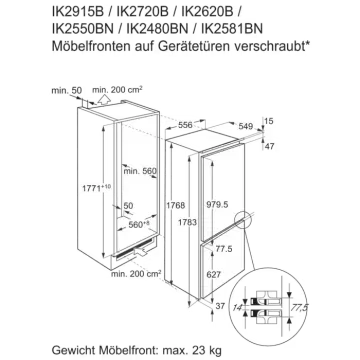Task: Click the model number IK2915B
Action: click(x=78, y=12)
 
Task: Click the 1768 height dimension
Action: click(x=175, y=205)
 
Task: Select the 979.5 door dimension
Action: click(x=217, y=205)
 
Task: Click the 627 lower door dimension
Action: click(x=214, y=275)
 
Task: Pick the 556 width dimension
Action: click(x=185, y=125)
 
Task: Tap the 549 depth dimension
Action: click(x=246, y=126)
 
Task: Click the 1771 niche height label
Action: click(x=96, y=188)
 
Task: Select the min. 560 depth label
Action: click(x=140, y=171)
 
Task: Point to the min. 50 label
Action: click(x=67, y=90)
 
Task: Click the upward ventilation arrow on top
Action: click(x=105, y=100)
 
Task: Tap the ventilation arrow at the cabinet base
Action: click(x=141, y=252)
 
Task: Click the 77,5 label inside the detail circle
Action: click(x=299, y=307)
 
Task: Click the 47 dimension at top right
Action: click(x=269, y=146)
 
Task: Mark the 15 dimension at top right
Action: click(x=269, y=121)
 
